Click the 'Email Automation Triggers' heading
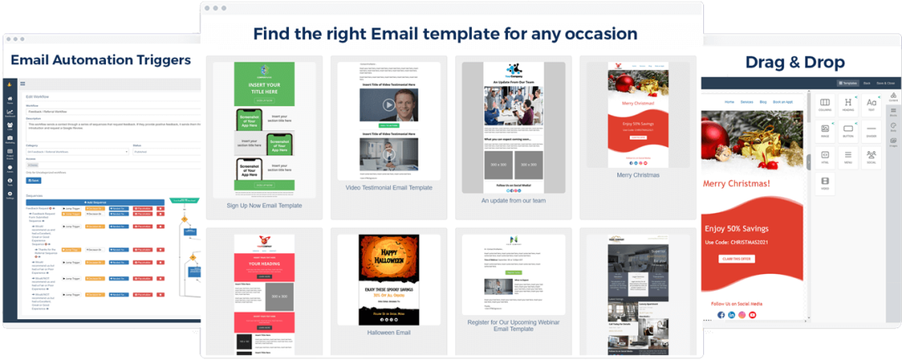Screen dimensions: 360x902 [x=100, y=59]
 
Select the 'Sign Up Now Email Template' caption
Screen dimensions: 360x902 [x=264, y=205]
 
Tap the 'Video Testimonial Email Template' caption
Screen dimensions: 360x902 [x=389, y=188]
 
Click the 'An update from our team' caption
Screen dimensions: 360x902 [x=513, y=200]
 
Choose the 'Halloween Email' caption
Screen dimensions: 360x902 [x=389, y=332]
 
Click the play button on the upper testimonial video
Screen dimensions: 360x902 [x=388, y=105]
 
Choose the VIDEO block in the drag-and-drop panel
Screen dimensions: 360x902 [x=825, y=183]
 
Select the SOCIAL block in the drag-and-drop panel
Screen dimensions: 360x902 [x=871, y=156]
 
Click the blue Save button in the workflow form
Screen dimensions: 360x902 [x=34, y=180]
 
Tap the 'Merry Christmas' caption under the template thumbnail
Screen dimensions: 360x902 [x=638, y=175]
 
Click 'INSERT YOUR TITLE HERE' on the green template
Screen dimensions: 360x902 [x=264, y=89]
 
